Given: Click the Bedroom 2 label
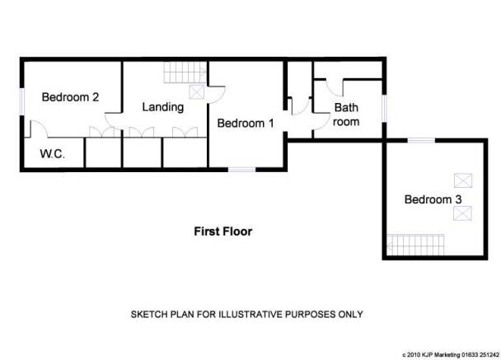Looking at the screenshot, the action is click(x=70, y=97).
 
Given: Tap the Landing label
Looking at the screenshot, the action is click(x=163, y=107).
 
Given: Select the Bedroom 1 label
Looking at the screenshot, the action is click(x=246, y=124).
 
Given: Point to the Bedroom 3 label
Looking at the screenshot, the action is click(x=433, y=199).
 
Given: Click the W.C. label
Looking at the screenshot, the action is click(x=53, y=154).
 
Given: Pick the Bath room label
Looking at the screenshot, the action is click(x=346, y=115).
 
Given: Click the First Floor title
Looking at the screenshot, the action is click(x=223, y=231).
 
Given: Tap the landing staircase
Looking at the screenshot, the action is click(x=185, y=72).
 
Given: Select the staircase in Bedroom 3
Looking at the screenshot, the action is click(x=415, y=245).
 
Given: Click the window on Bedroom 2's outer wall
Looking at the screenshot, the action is click(x=22, y=101).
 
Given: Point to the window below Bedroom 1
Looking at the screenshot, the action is click(x=242, y=170).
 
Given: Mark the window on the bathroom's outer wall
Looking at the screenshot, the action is click(x=385, y=108).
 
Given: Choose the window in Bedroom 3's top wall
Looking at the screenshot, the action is click(x=421, y=140).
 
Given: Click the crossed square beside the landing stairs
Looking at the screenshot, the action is click(x=196, y=92).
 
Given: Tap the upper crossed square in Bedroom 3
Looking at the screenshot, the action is click(x=463, y=180).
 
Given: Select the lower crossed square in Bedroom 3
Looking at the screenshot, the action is click(x=462, y=213).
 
